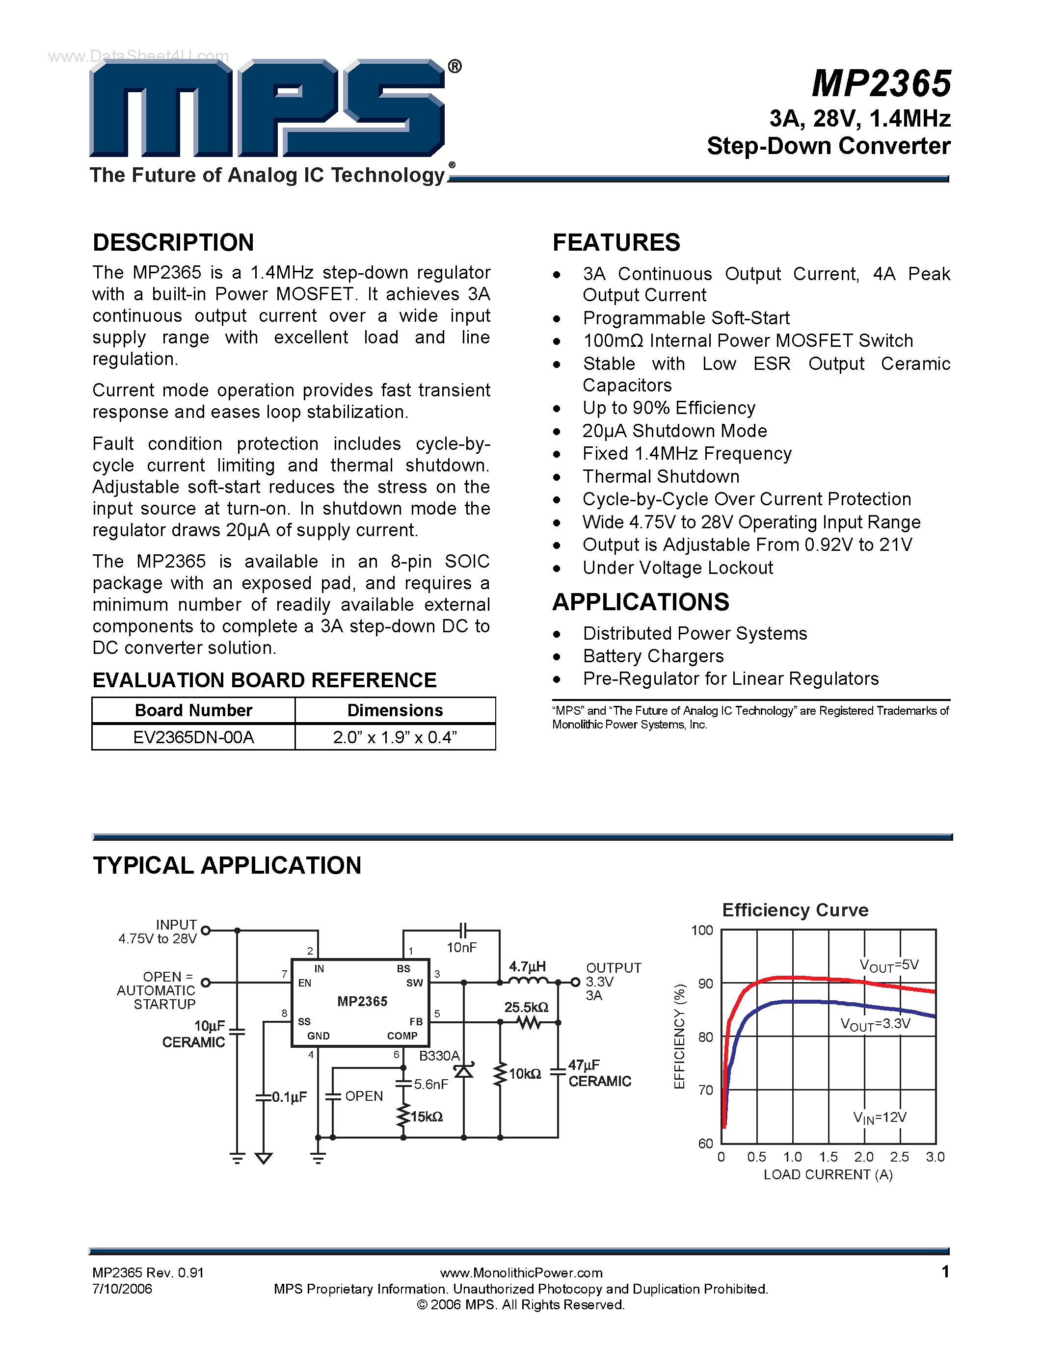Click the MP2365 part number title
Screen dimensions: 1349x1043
pos(881,83)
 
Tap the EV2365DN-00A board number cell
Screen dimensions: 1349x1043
pos(193,737)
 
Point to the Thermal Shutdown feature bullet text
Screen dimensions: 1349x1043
pos(661,477)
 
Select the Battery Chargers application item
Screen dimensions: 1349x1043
pos(653,656)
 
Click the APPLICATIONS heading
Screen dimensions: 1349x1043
pos(641,602)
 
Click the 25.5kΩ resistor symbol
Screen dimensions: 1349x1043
pos(528,1023)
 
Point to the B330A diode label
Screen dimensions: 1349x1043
pos(439,1056)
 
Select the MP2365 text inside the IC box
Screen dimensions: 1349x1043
pos(362,1001)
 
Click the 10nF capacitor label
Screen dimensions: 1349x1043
pos(461,948)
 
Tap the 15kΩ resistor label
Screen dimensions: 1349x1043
pos(427,1117)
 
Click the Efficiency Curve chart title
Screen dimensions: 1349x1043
pos(795,910)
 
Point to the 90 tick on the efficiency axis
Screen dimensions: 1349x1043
pos(705,984)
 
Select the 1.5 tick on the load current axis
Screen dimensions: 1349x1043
pos(828,1157)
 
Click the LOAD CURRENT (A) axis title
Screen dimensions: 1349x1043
pos(828,1175)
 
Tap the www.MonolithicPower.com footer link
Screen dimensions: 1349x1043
pos(521,1272)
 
